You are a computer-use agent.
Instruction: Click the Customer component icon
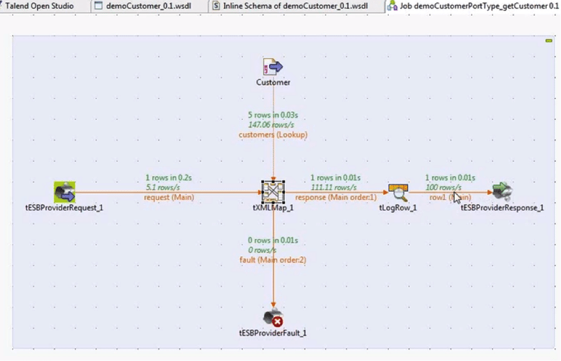click(273, 67)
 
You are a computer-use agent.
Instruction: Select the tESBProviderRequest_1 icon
click(65, 192)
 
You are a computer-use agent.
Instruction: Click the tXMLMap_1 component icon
click(273, 192)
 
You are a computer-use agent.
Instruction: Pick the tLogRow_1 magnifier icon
click(398, 191)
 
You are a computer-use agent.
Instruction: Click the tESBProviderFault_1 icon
click(273, 318)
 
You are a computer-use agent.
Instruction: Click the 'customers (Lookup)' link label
click(273, 134)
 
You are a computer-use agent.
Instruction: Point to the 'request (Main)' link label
click(168, 197)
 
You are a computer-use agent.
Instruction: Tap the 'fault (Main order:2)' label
click(273, 259)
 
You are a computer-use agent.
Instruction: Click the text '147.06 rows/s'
click(273, 125)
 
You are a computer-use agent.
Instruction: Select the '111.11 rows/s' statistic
click(333, 187)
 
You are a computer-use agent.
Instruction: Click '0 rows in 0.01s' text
click(273, 240)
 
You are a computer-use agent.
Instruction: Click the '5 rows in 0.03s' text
click(273, 116)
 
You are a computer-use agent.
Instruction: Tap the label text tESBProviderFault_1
click(273, 333)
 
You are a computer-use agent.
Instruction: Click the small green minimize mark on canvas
click(549, 41)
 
